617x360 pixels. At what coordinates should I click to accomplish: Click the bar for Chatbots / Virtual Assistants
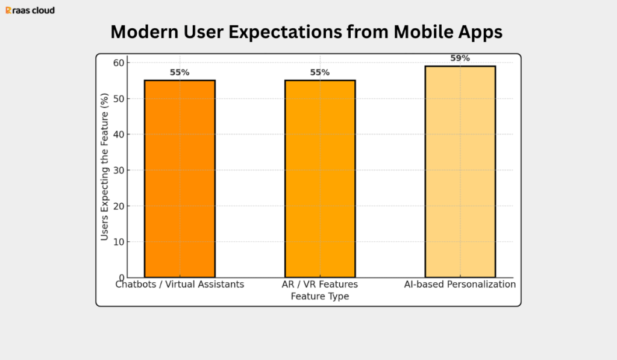[180, 178]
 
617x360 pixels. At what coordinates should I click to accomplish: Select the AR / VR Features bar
[320, 178]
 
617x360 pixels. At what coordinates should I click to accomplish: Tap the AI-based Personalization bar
[460, 171]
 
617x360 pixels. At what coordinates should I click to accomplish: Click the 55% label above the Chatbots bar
[180, 72]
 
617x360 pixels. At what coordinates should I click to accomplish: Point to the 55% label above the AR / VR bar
[320, 72]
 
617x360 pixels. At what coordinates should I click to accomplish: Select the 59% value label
[460, 58]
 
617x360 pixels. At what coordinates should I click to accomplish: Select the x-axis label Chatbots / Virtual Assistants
[180, 285]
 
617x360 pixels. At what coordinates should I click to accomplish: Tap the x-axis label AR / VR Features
[320, 285]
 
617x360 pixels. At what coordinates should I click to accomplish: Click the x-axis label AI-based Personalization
[460, 285]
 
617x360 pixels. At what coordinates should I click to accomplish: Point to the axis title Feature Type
[320, 297]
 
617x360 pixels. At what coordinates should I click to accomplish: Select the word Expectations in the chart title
[280, 33]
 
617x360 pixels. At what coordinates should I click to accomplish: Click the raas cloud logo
[30, 10]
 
